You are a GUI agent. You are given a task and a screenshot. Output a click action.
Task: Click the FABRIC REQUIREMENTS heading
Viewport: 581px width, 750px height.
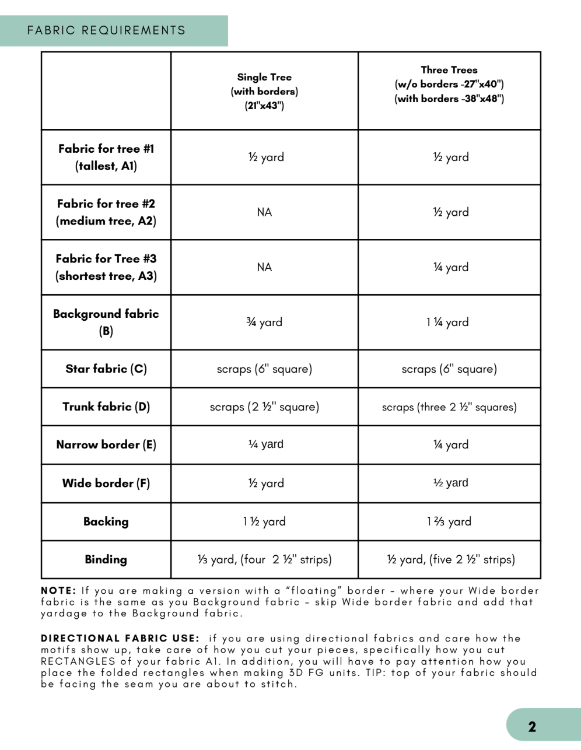pyautogui.click(x=106, y=30)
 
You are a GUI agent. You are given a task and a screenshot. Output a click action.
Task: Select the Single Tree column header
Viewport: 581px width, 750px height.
pyautogui.click(x=264, y=91)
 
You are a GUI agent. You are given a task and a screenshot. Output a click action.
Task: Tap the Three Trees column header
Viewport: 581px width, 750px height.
pyautogui.click(x=449, y=84)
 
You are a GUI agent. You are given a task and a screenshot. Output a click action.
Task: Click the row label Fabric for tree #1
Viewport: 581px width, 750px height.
pyautogui.click(x=106, y=157)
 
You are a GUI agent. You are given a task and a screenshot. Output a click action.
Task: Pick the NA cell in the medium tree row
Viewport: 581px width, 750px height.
pyautogui.click(x=264, y=212)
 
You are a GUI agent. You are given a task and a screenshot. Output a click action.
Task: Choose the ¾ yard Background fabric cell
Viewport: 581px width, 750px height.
pyautogui.click(x=264, y=322)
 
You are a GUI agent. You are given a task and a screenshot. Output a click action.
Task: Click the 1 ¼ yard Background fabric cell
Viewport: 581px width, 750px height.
pyautogui.click(x=447, y=322)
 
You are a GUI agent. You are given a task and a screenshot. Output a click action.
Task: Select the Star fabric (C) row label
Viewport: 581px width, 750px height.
pyautogui.click(x=106, y=369)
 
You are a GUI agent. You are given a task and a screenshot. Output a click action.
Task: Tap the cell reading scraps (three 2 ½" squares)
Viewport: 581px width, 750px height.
pyautogui.click(x=449, y=407)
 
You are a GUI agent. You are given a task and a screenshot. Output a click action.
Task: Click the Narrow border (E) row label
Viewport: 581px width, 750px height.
pyautogui.click(x=106, y=444)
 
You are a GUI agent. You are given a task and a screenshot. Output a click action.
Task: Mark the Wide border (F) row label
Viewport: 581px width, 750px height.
pyautogui.click(x=106, y=483)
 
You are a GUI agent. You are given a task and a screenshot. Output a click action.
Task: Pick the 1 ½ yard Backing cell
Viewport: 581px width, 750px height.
pyautogui.click(x=264, y=521)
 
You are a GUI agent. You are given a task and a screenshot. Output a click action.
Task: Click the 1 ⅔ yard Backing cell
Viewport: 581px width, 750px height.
pyautogui.click(x=449, y=521)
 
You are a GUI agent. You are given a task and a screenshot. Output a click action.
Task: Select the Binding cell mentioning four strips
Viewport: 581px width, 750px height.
pyautogui.click(x=264, y=559)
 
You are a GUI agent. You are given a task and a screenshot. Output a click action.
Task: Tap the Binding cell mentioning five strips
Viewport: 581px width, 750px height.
pyautogui.click(x=450, y=559)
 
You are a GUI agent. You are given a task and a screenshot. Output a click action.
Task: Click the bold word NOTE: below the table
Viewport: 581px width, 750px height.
pyautogui.click(x=58, y=591)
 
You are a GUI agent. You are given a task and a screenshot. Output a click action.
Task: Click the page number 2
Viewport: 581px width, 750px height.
pyautogui.click(x=532, y=727)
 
